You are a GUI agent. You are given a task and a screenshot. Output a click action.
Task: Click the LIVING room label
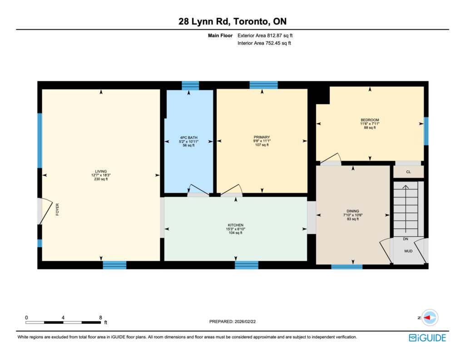click(x=101, y=171)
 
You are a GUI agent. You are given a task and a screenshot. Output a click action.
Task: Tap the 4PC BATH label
click(x=188, y=138)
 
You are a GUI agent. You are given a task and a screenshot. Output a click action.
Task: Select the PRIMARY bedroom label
click(x=262, y=137)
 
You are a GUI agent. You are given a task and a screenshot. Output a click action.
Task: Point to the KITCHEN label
click(x=236, y=225)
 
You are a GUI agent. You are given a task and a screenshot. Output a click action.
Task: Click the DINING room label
click(x=353, y=211)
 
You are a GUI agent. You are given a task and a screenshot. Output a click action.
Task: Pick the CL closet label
click(x=408, y=172)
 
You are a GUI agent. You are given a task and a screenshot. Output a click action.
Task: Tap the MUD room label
click(x=408, y=251)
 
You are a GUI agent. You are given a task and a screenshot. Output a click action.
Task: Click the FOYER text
click(x=57, y=209)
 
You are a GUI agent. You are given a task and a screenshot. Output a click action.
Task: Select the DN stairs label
click(x=406, y=239)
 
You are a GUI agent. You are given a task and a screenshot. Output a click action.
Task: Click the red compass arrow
click(x=427, y=318)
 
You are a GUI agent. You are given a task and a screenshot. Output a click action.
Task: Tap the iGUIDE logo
click(x=427, y=338)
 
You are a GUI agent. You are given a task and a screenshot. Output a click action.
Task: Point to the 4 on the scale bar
click(x=63, y=318)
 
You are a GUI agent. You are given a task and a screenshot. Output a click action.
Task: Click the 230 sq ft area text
click(x=101, y=179)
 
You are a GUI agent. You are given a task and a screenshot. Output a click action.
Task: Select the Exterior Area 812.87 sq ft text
click(x=265, y=35)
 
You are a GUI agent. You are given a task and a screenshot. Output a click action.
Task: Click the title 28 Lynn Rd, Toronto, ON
click(x=232, y=21)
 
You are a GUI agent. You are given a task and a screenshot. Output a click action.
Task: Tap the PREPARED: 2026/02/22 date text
click(x=232, y=321)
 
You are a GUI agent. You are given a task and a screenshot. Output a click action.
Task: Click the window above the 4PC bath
click(x=190, y=85)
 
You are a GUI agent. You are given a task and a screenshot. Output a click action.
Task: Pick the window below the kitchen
click(x=247, y=265)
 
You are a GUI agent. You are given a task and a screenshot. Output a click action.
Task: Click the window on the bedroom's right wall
click(x=426, y=131)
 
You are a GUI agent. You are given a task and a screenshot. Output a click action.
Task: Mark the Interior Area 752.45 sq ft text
click(x=264, y=43)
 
